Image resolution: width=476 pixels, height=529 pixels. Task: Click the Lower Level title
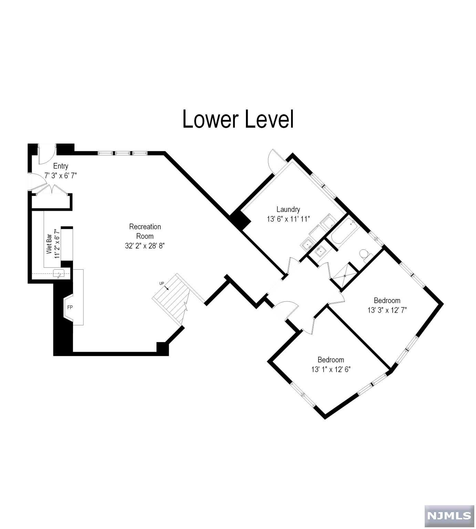coord(238,119)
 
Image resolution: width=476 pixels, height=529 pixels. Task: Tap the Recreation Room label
coord(145,231)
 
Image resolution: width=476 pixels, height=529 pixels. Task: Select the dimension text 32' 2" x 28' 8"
coord(145,246)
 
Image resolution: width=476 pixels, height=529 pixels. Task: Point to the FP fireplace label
coord(70,307)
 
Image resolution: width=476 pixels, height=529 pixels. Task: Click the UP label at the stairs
coord(162,283)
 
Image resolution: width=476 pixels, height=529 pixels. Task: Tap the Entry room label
coord(61,166)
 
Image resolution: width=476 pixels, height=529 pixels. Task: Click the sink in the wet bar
coord(59,274)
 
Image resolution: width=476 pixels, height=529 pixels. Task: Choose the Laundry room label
coord(288,209)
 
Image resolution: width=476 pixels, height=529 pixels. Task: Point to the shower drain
coord(344,276)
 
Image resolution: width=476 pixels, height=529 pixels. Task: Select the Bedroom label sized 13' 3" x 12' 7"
coord(387,300)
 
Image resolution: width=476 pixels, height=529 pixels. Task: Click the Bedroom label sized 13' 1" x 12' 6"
coord(331,360)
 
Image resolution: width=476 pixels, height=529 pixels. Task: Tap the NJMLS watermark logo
coord(449,516)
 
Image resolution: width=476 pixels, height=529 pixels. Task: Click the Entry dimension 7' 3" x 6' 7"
coord(61,175)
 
